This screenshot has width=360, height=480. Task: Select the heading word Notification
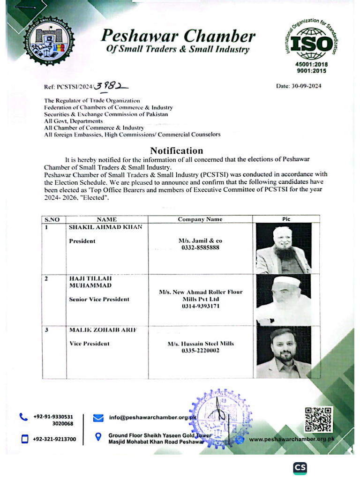176,150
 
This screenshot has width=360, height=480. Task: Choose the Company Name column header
200,219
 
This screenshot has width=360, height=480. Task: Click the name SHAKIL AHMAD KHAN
105,227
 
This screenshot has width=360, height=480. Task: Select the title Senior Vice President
99,299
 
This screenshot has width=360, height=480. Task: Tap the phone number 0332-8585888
200,247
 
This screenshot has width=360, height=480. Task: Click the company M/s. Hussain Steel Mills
200,344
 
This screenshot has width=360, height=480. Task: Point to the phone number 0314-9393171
200,306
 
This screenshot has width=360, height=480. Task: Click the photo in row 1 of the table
284,248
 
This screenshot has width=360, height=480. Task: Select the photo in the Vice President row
284,352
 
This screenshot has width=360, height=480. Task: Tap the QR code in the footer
318,420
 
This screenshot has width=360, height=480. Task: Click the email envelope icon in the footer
98,417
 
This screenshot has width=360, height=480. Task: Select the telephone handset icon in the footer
23,417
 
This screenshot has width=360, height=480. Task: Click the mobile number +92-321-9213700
54,439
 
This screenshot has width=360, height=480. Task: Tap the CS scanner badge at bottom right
300,468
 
